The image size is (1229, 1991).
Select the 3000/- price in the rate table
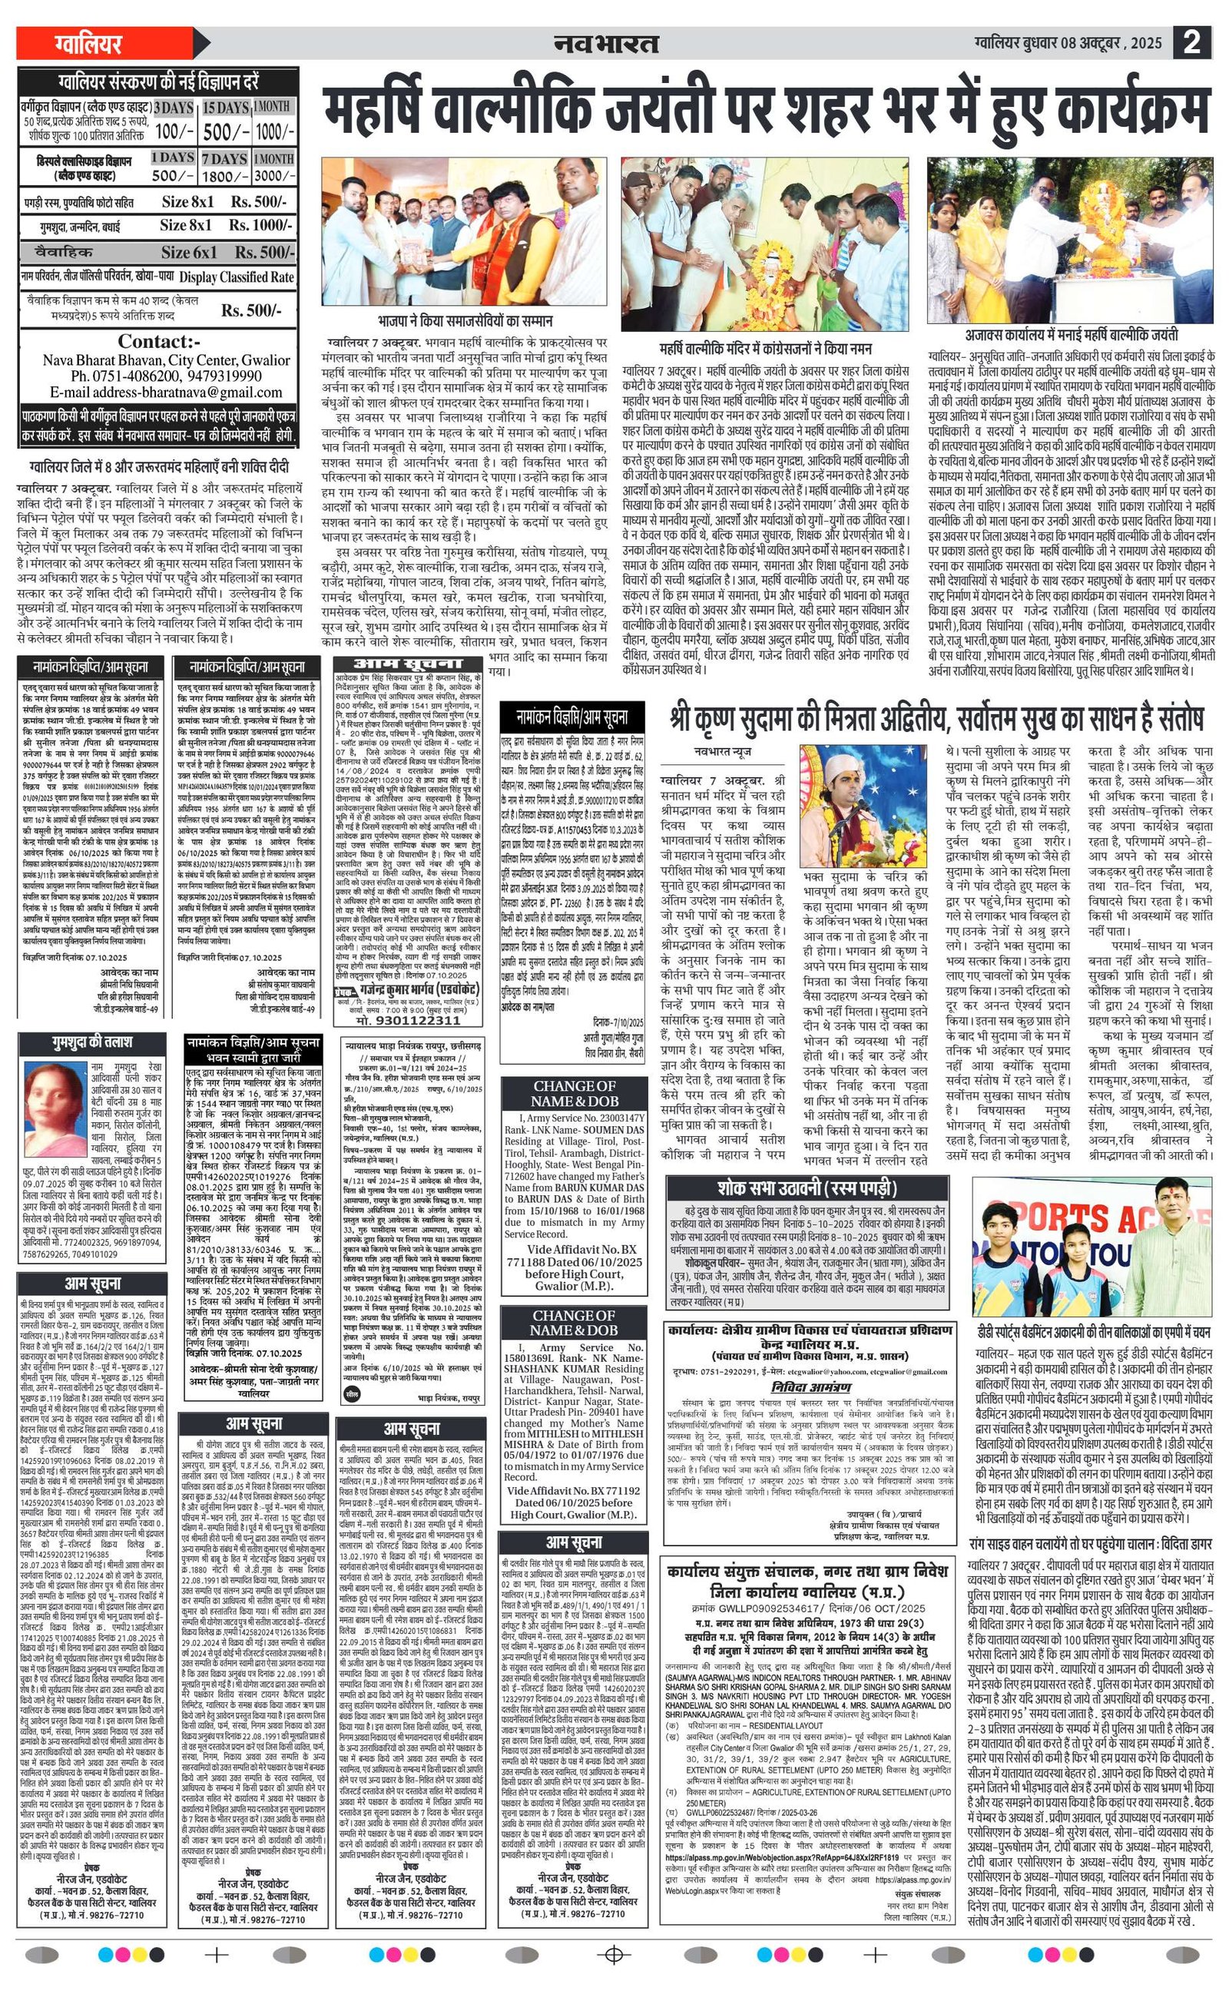275,174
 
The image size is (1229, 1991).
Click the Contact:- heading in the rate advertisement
158,341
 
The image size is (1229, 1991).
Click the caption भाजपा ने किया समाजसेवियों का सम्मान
464,321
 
